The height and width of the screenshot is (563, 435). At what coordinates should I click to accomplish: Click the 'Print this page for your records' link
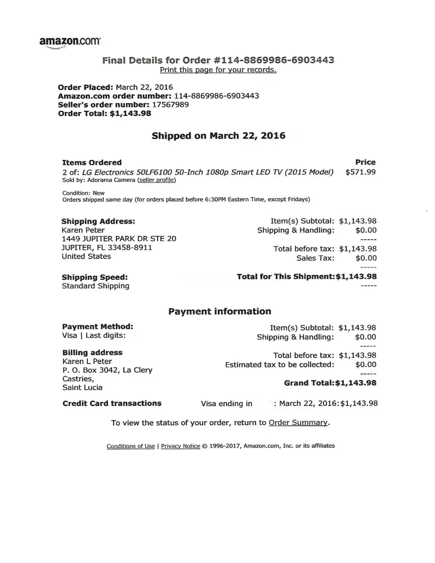218,70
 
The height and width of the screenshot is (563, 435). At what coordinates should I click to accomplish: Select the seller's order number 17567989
171,104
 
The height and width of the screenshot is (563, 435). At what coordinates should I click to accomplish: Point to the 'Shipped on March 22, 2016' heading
218,136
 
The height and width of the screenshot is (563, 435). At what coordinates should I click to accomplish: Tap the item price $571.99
360,172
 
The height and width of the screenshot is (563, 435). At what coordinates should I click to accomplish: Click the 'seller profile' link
156,180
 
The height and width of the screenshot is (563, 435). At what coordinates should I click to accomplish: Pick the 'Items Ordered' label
92,162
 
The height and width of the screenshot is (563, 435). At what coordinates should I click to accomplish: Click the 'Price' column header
365,162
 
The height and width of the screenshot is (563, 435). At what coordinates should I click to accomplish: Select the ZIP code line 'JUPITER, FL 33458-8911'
107,247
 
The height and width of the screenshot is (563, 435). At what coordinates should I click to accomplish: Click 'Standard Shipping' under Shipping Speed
95,285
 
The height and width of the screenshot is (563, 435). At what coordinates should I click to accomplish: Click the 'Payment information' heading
219,311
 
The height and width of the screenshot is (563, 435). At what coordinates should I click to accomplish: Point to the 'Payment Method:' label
97,327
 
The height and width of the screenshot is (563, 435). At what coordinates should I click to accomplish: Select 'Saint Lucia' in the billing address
82,387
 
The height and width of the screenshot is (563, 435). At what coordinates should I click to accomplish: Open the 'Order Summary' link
298,422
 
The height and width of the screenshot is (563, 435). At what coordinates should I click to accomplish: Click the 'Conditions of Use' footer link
131,446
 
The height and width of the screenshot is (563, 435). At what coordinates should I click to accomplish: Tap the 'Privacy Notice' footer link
180,446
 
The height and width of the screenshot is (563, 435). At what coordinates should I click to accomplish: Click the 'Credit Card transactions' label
111,403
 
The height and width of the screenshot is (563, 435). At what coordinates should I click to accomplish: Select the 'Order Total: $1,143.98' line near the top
105,113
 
